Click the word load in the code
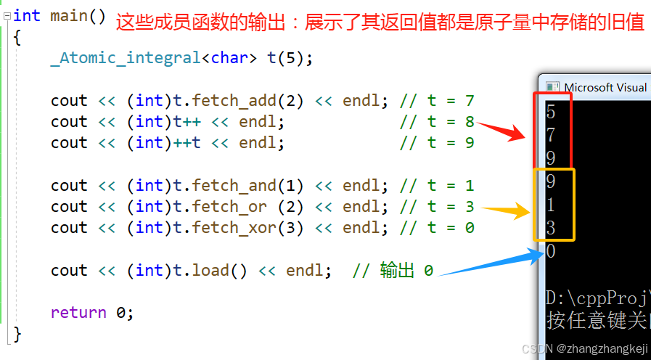click(210, 271)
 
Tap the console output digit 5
click(551, 112)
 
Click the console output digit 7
click(551, 135)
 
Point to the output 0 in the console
click(551, 251)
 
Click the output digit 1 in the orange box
click(551, 205)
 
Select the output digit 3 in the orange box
click(551, 229)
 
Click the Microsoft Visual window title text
click(605, 87)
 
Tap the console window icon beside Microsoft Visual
click(552, 87)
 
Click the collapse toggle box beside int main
click(7, 16)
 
